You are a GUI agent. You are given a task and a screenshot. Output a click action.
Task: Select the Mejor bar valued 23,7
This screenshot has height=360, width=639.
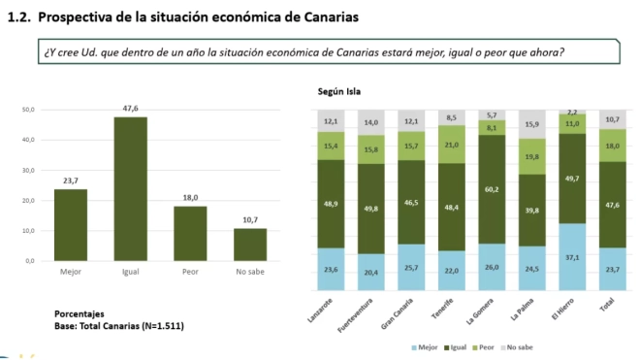coord(70,224)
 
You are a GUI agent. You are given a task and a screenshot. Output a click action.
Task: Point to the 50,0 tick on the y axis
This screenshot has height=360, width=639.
coord(28,110)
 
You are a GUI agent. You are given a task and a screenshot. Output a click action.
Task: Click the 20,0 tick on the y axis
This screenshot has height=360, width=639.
coord(28,201)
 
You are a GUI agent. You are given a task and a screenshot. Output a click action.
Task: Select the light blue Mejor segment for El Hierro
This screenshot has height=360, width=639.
coord(573,258)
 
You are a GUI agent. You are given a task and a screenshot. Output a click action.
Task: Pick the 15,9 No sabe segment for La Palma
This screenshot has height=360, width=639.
coord(532,124)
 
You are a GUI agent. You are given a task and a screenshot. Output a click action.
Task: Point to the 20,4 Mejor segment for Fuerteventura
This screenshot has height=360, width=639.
coord(370,273)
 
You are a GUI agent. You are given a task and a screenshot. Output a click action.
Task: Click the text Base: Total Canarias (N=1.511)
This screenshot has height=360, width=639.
coord(118,325)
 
